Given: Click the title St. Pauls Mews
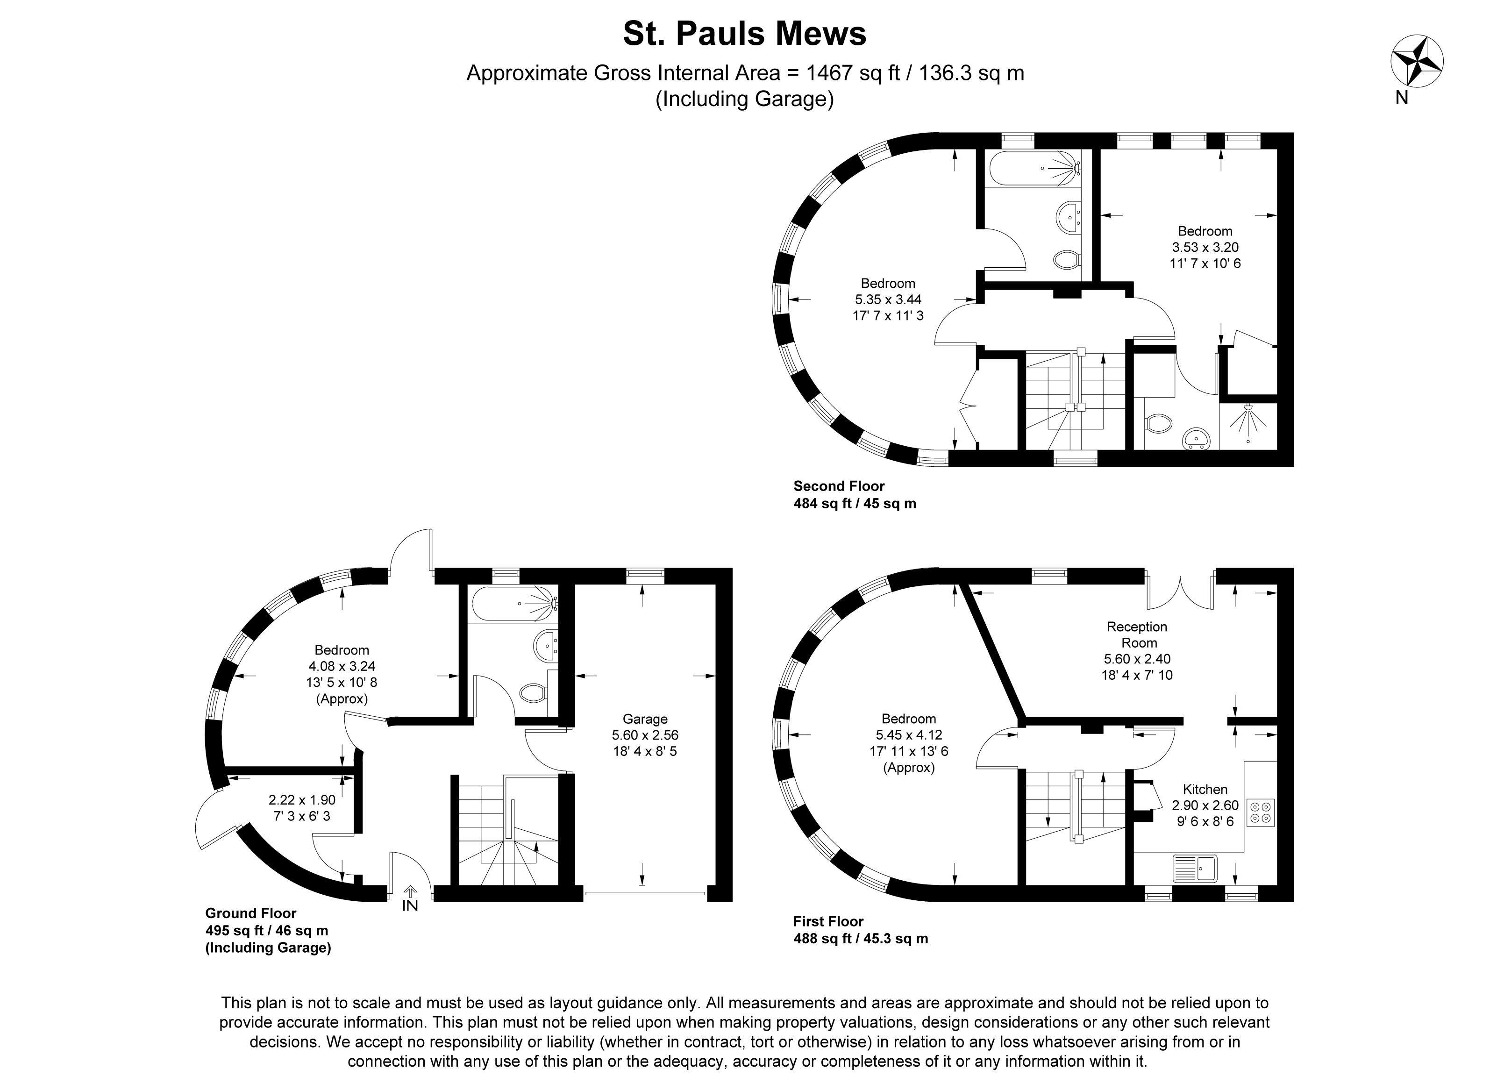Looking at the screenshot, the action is [x=744, y=34].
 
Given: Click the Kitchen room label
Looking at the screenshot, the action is [x=1205, y=789].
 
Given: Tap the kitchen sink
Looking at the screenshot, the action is [x=1195, y=868].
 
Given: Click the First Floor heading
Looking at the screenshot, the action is [x=828, y=921].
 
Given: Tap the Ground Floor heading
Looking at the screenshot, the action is [x=250, y=913].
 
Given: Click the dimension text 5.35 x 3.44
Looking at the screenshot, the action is [x=888, y=299].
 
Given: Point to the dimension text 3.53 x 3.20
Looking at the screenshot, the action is [x=1205, y=247].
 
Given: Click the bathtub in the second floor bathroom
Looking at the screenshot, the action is [x=1035, y=169].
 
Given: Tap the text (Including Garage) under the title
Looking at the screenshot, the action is [x=744, y=99].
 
